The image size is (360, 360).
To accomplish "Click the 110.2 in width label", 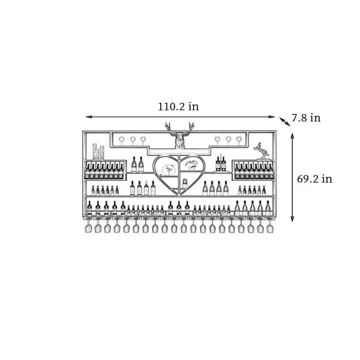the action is pos(178,107).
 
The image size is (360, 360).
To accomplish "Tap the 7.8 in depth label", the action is pos(306,118).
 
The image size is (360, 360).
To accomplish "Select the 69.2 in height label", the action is pos(314,179).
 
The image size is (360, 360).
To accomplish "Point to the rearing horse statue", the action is pos(261,151).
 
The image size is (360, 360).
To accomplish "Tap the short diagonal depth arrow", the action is pos(284,121).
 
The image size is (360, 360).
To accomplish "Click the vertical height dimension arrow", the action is pos(292,178).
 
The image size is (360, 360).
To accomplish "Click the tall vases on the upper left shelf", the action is pos(98,152).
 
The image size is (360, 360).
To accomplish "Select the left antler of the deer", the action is pos(170,128).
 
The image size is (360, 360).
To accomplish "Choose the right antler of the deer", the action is pos(190,128).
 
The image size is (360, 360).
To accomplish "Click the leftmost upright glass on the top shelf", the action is pos(121,141).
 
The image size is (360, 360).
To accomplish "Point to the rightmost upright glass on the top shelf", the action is pos(239,141).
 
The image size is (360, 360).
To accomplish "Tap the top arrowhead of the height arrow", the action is pos(292,136).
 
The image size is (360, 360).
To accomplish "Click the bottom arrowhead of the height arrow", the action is pos(292,219).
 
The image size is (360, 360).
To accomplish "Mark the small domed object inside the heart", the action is pos(185,183).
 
